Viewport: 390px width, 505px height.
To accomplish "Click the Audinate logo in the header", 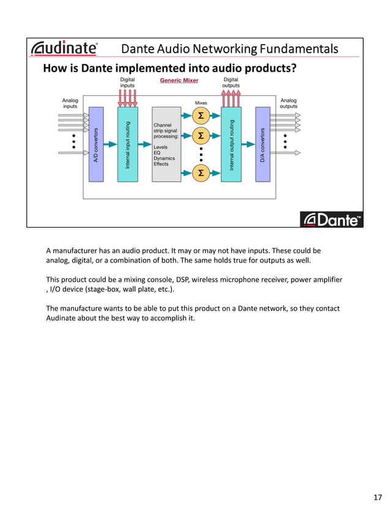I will pos(64,48).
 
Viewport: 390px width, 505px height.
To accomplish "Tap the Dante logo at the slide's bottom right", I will pos(332,219).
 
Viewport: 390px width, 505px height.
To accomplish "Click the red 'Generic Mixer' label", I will pos(178,81).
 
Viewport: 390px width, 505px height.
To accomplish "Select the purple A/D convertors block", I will pos(96,144).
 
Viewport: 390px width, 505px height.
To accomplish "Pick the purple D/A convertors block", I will pos(263,144).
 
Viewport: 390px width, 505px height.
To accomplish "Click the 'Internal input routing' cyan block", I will pos(127,144).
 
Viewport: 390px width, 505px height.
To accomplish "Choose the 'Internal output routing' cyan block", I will pos(232,144).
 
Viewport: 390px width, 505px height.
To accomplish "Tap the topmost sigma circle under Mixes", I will pos(201,115).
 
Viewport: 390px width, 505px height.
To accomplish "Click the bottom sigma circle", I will pos(201,174).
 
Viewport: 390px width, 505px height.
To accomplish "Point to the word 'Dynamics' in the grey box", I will pos(164,158).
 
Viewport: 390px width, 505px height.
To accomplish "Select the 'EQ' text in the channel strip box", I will pos(156,153).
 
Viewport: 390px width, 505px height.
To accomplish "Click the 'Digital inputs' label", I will pos(127,83).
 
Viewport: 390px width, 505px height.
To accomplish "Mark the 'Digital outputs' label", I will pos(231,83).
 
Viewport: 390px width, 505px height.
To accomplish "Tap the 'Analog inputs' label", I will pos(70,103).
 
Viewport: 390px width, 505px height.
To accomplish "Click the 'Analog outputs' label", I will pos(288,103).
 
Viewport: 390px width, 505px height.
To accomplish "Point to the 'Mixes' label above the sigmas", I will pos(201,103).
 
